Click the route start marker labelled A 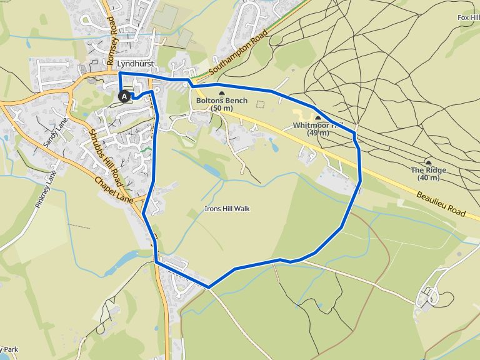124,96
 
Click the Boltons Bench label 221,101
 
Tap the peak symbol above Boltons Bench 221,92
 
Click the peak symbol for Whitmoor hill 317,117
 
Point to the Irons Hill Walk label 227,209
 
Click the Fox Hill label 468,17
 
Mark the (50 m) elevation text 221,108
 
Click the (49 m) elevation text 318,132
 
